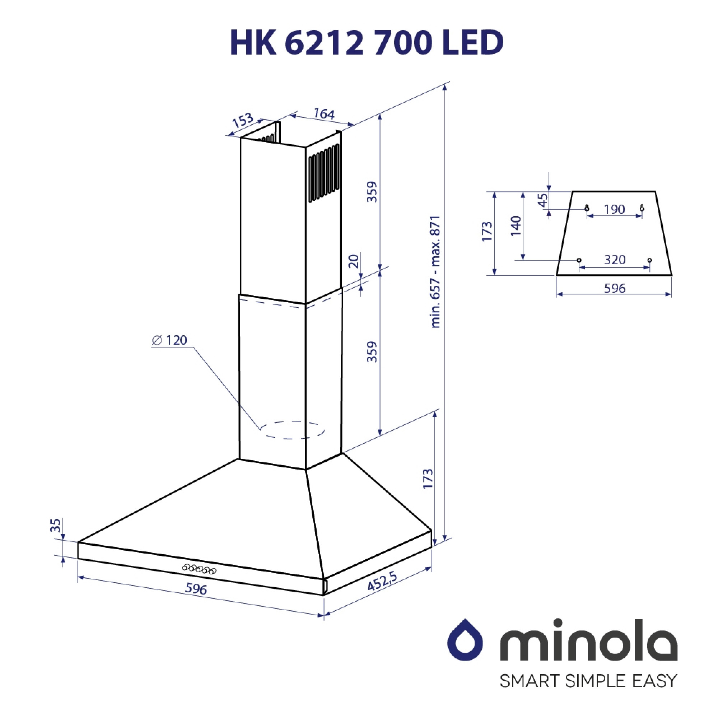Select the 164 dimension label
[324, 113]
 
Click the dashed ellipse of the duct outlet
[292, 430]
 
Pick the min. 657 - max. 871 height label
[435, 272]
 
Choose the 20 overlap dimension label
[354, 261]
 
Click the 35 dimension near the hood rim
[55, 526]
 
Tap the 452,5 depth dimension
[382, 581]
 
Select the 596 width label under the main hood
[196, 589]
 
